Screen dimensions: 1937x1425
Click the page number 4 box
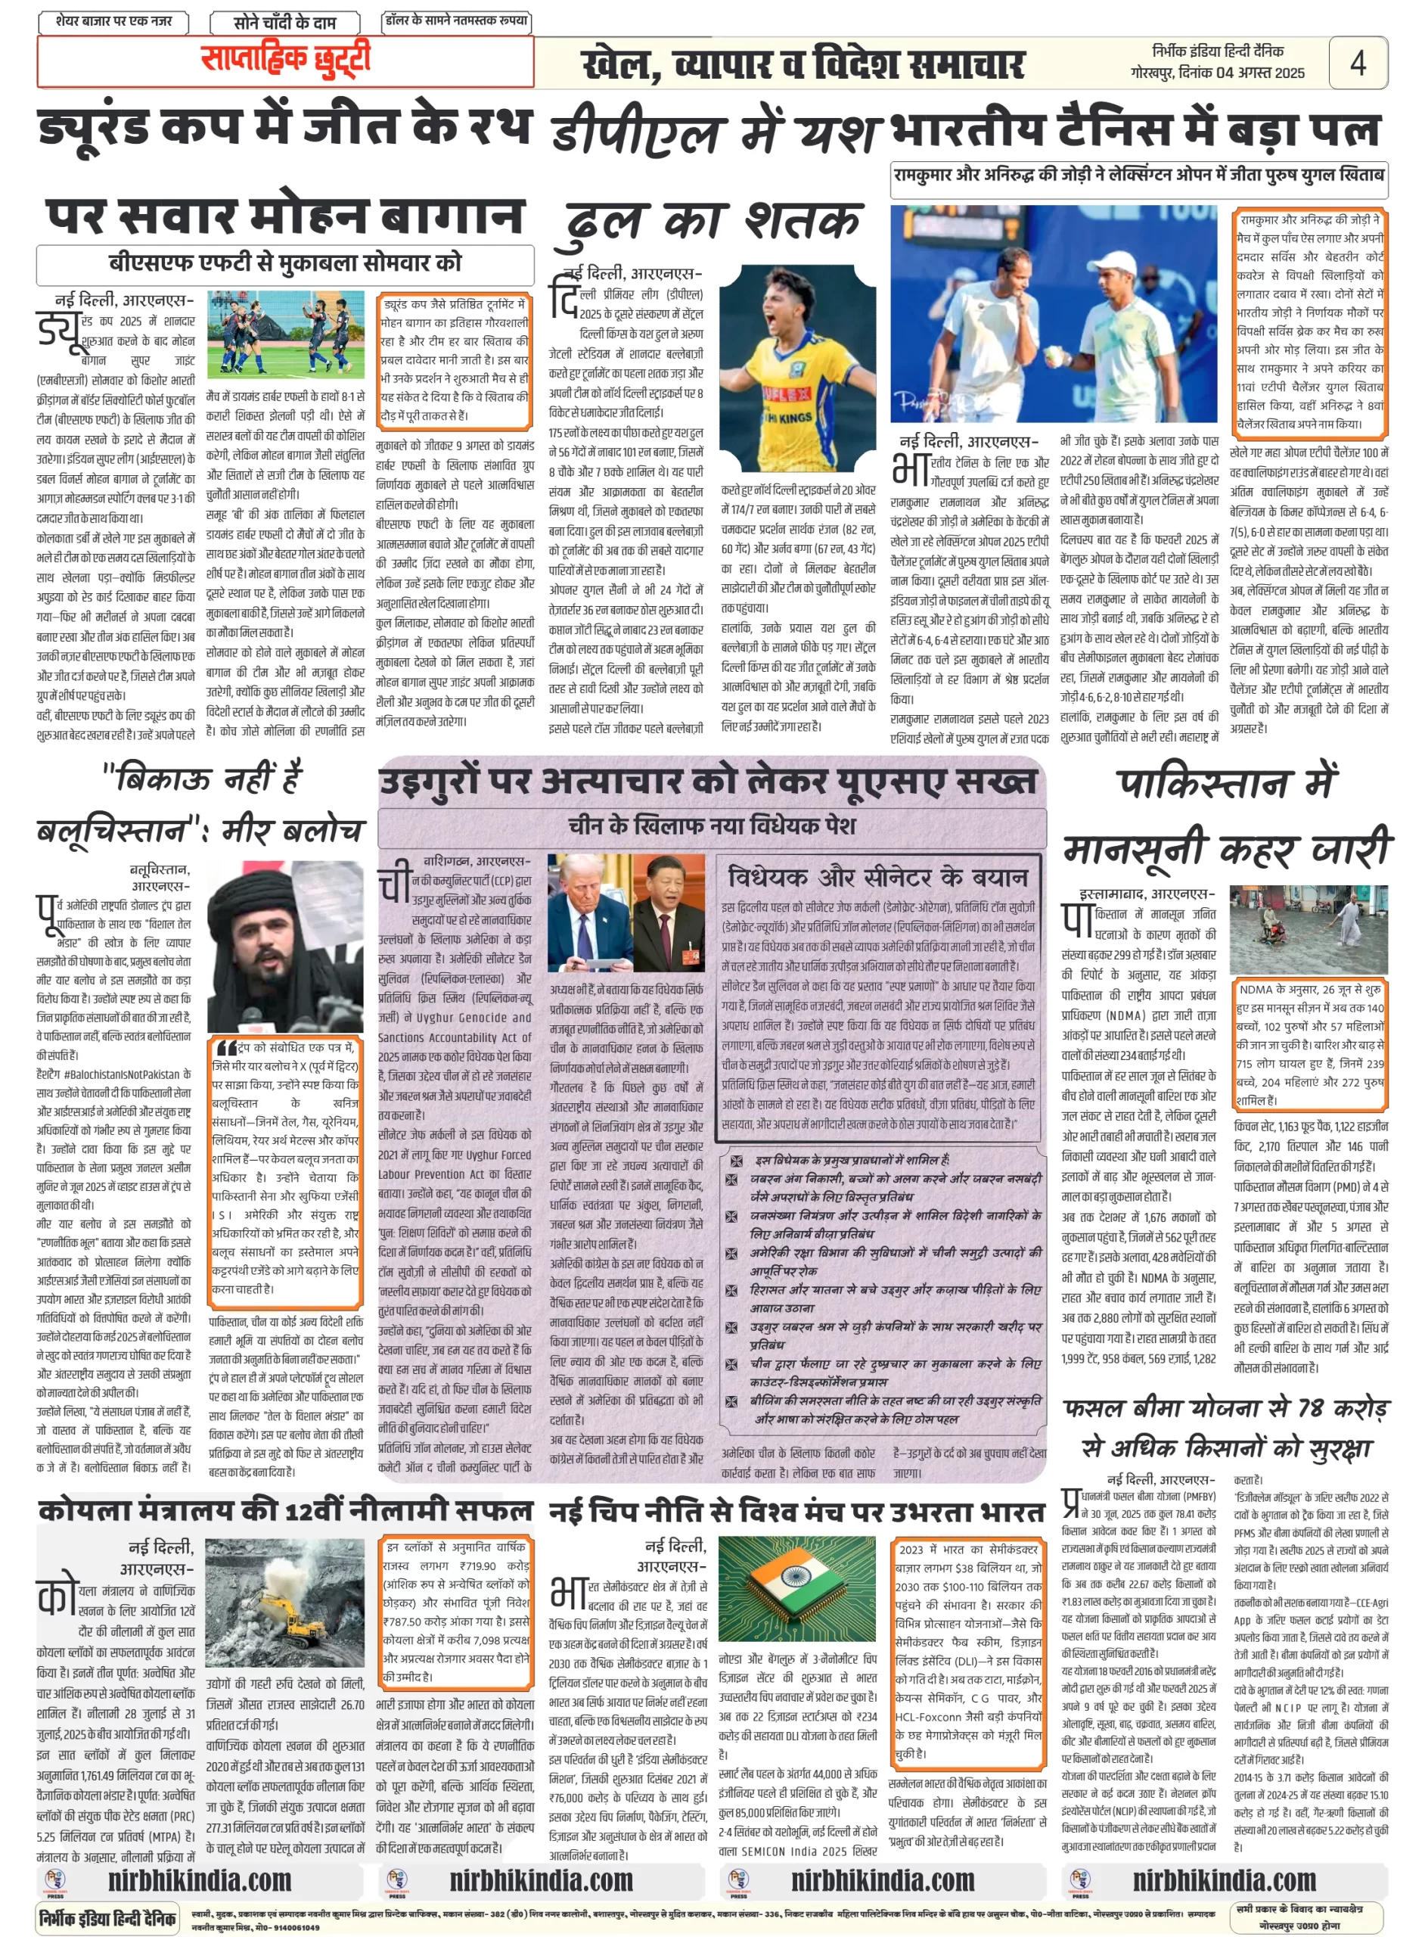click(x=1357, y=62)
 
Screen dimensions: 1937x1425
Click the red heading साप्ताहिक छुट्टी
click(x=285, y=61)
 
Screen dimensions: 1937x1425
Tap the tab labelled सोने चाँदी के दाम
click(x=284, y=22)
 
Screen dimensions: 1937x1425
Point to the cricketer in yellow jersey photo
click(x=797, y=371)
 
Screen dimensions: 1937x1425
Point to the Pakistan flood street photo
click(x=1308, y=928)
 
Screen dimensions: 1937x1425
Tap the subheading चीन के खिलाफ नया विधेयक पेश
click(x=712, y=825)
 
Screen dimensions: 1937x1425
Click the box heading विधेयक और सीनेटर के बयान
click(x=878, y=878)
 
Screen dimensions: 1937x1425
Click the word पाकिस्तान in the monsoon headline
click(x=1228, y=783)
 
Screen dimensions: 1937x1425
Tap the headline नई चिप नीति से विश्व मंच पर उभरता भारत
click(x=796, y=1512)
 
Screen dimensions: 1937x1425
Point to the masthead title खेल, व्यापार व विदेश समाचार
click(x=803, y=65)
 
